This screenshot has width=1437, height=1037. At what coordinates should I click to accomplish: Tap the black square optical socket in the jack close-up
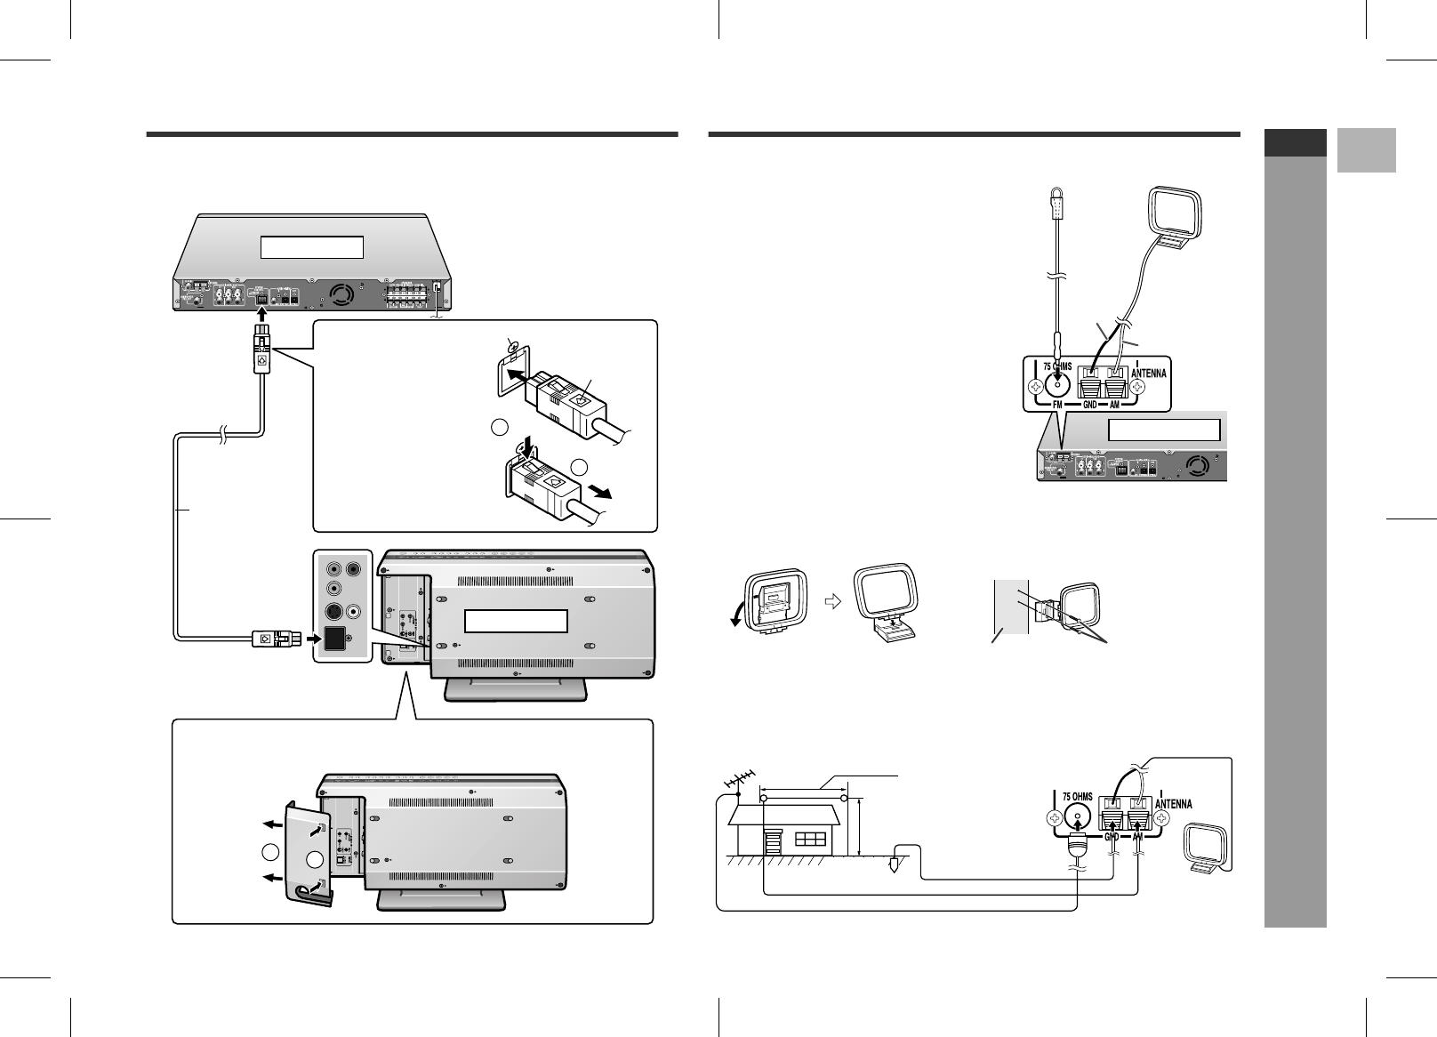336,639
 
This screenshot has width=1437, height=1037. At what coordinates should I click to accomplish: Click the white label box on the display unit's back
516,621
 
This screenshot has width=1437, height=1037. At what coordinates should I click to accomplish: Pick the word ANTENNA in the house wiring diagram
1174,803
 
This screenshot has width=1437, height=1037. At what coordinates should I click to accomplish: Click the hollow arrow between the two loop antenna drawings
832,600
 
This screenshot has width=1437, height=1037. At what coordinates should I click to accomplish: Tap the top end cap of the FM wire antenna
1056,202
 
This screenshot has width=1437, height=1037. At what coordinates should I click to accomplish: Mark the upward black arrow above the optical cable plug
261,315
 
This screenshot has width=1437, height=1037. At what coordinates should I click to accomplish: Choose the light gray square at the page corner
1366,150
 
